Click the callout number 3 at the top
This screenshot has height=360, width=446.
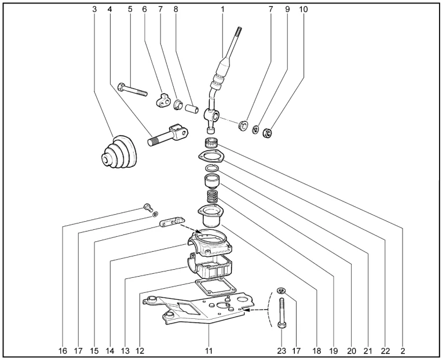pyautogui.click(x=94, y=9)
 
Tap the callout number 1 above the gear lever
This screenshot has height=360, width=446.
pyautogui.click(x=222, y=9)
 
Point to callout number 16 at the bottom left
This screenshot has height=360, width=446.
pyautogui.click(x=63, y=351)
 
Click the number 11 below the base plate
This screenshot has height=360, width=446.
pyautogui.click(x=209, y=351)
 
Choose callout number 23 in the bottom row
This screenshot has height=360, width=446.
pyautogui.click(x=282, y=351)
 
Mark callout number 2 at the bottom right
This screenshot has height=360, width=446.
pyautogui.click(x=402, y=351)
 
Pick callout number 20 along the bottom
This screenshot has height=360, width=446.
pyautogui.click(x=350, y=351)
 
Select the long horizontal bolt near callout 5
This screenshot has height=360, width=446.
pyautogui.click(x=134, y=90)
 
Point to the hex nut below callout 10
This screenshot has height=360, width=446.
pyautogui.click(x=268, y=133)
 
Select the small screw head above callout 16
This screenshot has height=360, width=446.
pyautogui.click(x=147, y=205)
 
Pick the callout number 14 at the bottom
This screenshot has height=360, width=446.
pyautogui.click(x=109, y=351)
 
